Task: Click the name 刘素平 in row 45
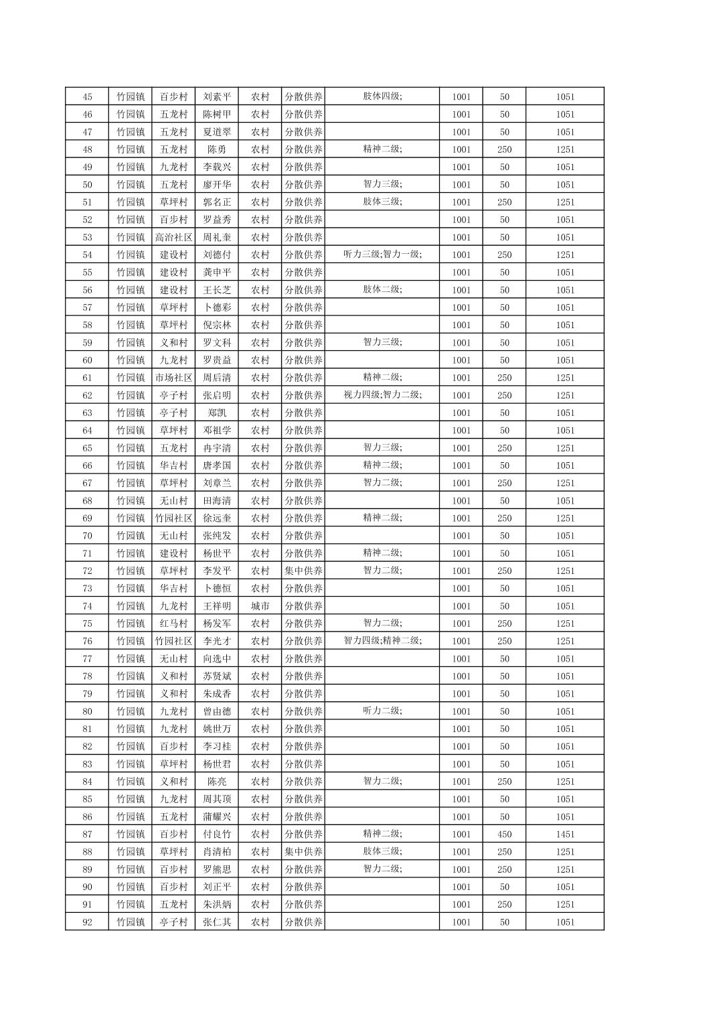pos(217,96)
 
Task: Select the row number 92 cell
pos(87,922)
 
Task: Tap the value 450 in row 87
pos(504,834)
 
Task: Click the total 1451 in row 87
pos(564,834)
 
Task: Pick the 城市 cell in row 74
pos(260,606)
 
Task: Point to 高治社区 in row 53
pos(173,237)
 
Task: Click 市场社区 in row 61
pos(173,378)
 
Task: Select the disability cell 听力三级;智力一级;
pos(382,254)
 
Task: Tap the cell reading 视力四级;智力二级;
pos(382,395)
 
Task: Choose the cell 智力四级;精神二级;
pos(382,641)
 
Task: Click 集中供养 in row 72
pos(303,571)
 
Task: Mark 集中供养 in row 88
pos(303,852)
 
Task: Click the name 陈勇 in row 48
pos(217,149)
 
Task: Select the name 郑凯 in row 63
pos(217,413)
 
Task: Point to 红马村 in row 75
pos(173,624)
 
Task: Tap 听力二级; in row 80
pos(382,711)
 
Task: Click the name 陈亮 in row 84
pos(217,782)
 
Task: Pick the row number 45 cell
pos(87,96)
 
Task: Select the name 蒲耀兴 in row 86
pos(217,816)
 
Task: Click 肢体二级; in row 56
pos(382,290)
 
